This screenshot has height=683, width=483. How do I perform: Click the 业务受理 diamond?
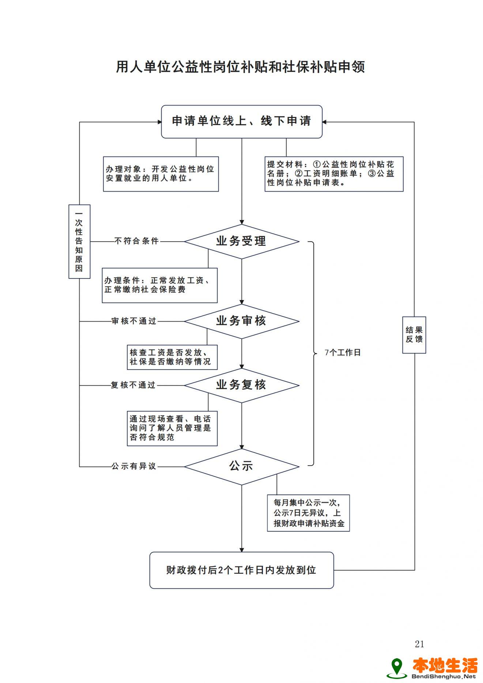point(241,242)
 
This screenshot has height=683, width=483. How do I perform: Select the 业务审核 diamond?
point(241,321)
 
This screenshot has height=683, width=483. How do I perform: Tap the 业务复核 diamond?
point(241,385)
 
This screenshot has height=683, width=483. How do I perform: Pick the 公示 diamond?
point(241,466)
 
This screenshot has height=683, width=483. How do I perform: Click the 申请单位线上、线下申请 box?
point(242,122)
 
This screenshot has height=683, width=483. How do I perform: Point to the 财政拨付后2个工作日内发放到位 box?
point(242,570)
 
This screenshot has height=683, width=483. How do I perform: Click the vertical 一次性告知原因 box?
point(79,242)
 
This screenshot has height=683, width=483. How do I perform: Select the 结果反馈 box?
point(414,335)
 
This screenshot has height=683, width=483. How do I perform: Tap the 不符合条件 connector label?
point(137,241)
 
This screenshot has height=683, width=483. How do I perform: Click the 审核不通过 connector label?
point(134,321)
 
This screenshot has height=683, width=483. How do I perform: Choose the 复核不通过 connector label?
point(133,385)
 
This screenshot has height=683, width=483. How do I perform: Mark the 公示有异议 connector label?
point(134,466)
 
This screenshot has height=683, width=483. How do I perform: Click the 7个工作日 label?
point(343,353)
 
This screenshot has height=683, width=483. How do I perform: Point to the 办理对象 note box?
point(161,174)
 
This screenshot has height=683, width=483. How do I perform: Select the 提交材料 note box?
point(334,174)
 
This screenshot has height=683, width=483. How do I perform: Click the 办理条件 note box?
point(160,285)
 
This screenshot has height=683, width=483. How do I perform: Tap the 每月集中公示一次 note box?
point(308,513)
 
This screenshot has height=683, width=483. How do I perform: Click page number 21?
point(419,644)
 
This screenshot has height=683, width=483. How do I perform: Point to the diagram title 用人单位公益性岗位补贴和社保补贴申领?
point(241,67)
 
